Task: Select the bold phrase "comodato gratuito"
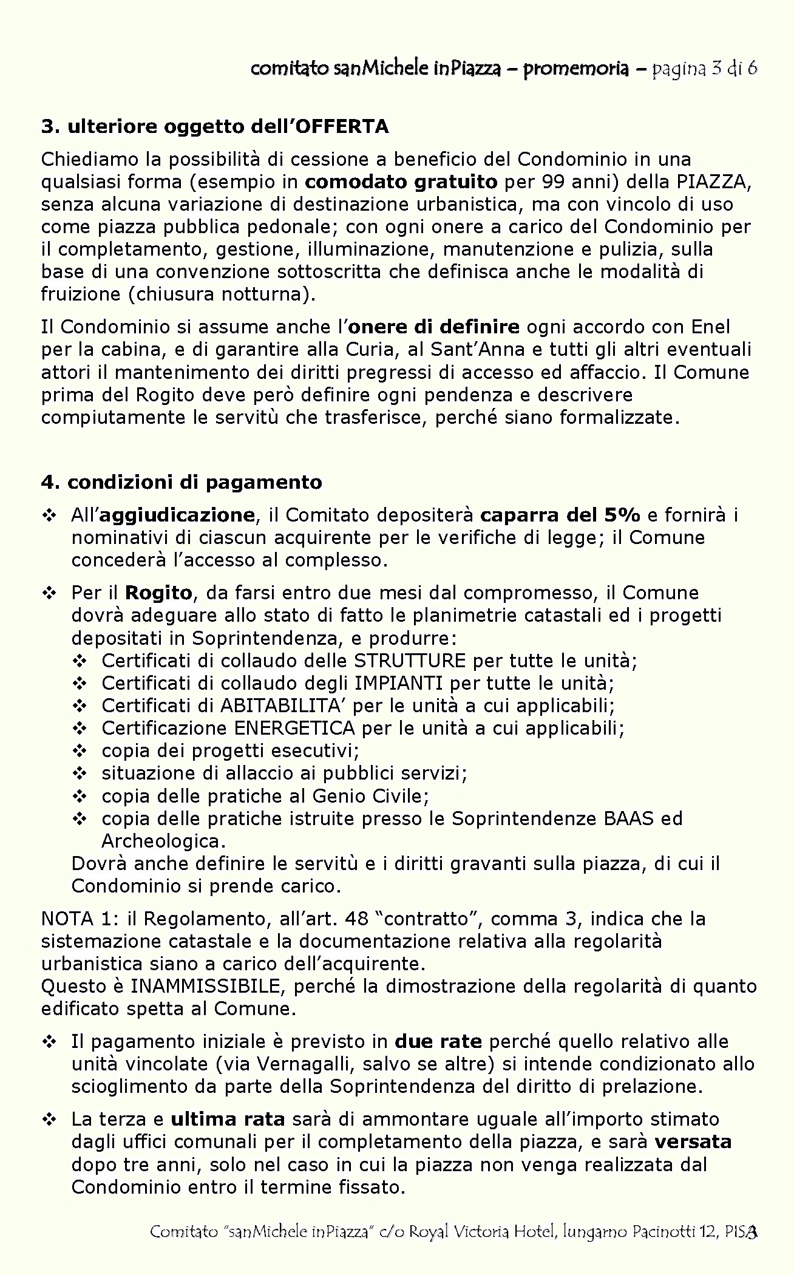[401, 182]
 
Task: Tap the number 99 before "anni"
[555, 182]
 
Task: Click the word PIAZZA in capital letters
[712, 182]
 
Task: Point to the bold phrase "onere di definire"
[435, 327]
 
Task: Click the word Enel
[710, 327]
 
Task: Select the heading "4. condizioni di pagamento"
[182, 482]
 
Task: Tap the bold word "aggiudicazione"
[177, 515]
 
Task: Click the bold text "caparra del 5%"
[560, 515]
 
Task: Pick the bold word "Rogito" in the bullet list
[159, 593]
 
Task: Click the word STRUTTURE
[410, 661]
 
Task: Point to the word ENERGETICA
[294, 728]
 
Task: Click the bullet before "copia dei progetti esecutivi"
[80, 751]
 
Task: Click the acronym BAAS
[628, 818]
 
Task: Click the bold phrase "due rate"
[438, 1042]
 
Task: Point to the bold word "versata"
[693, 1142]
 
